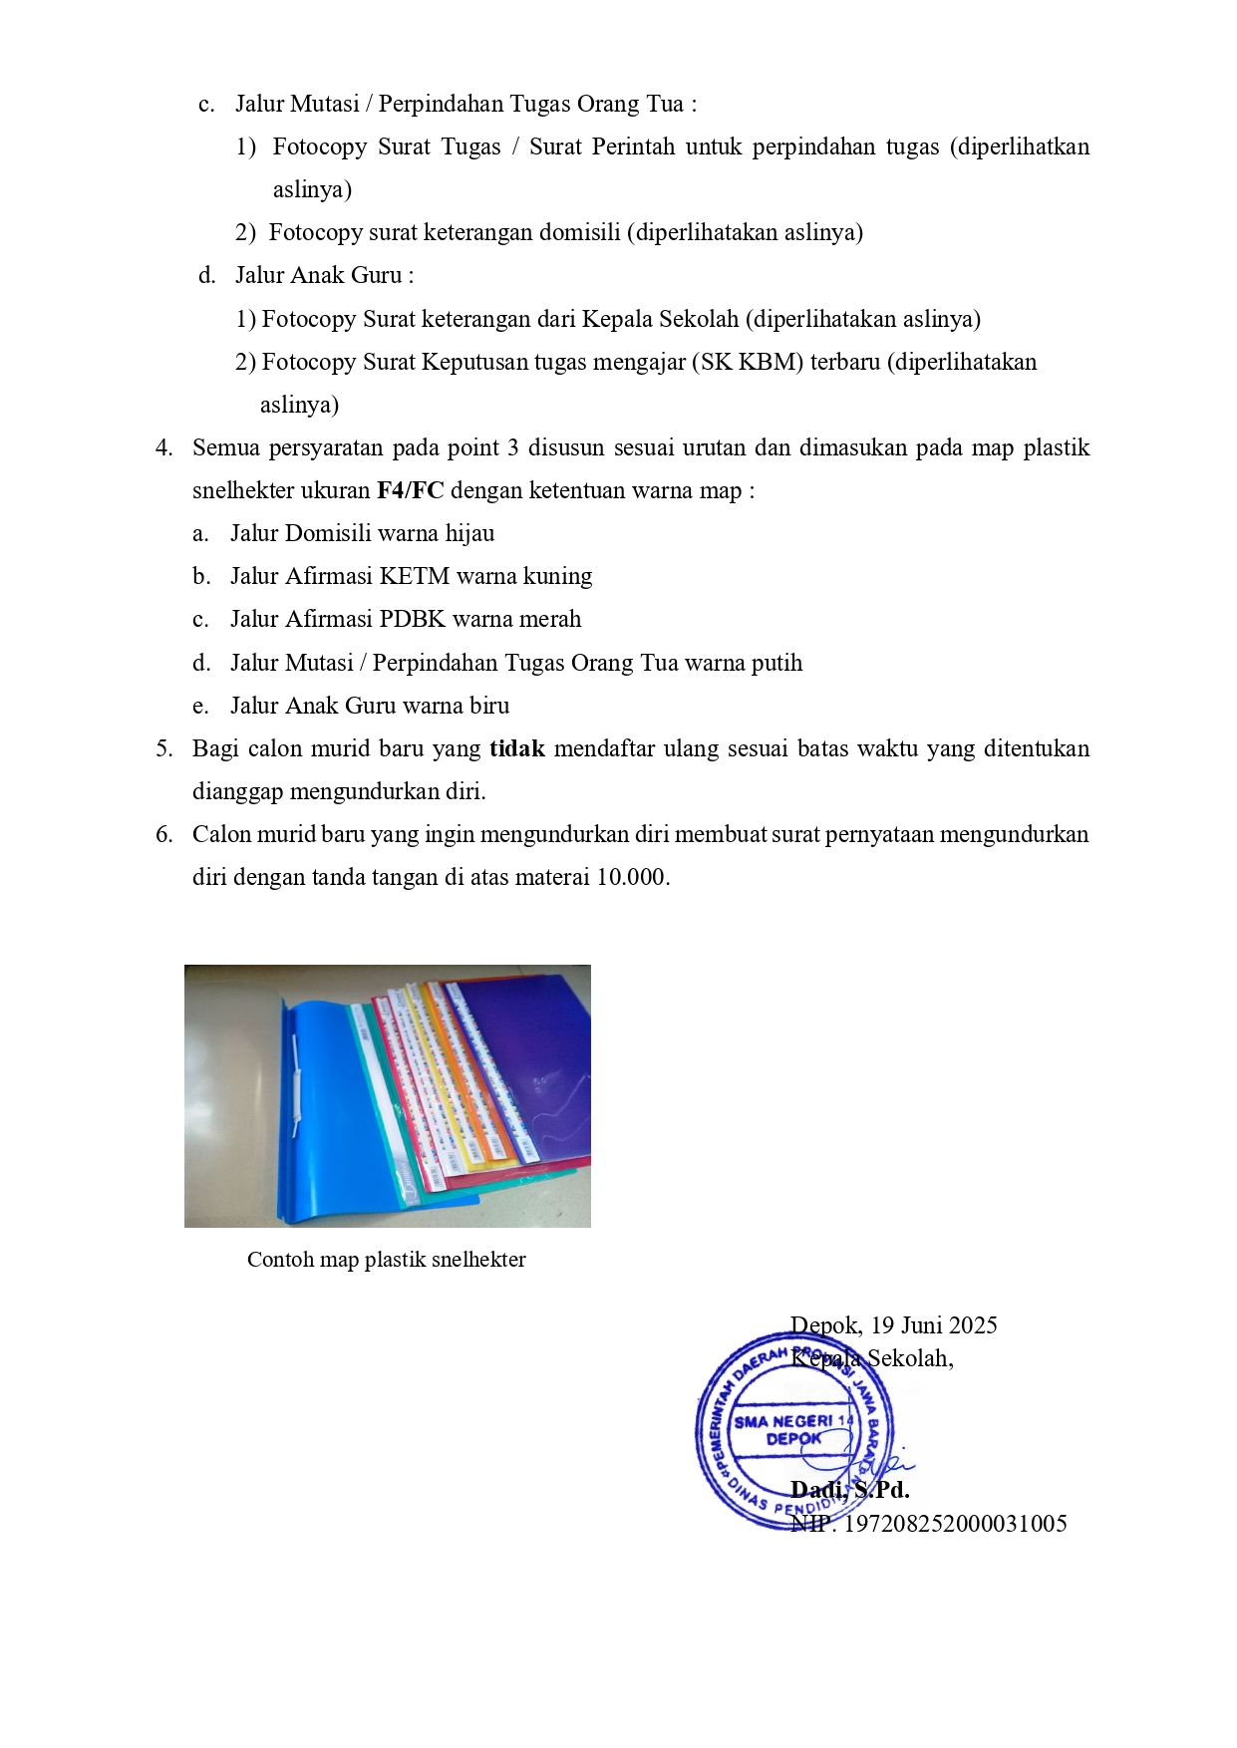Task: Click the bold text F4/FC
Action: coord(410,490)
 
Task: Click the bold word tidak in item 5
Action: coord(516,748)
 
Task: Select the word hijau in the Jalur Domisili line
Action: coord(469,533)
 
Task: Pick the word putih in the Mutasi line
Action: coord(775,663)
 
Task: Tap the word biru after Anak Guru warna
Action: coord(487,706)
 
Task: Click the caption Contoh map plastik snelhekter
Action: coord(387,1260)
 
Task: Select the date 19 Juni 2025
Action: coord(934,1325)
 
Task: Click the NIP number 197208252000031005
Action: coord(955,1524)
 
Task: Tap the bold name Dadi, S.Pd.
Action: coord(849,1490)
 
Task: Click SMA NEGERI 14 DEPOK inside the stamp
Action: coord(793,1430)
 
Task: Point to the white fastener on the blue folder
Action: coord(297,1086)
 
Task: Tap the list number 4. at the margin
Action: coord(164,447)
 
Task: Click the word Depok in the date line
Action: coord(825,1325)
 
